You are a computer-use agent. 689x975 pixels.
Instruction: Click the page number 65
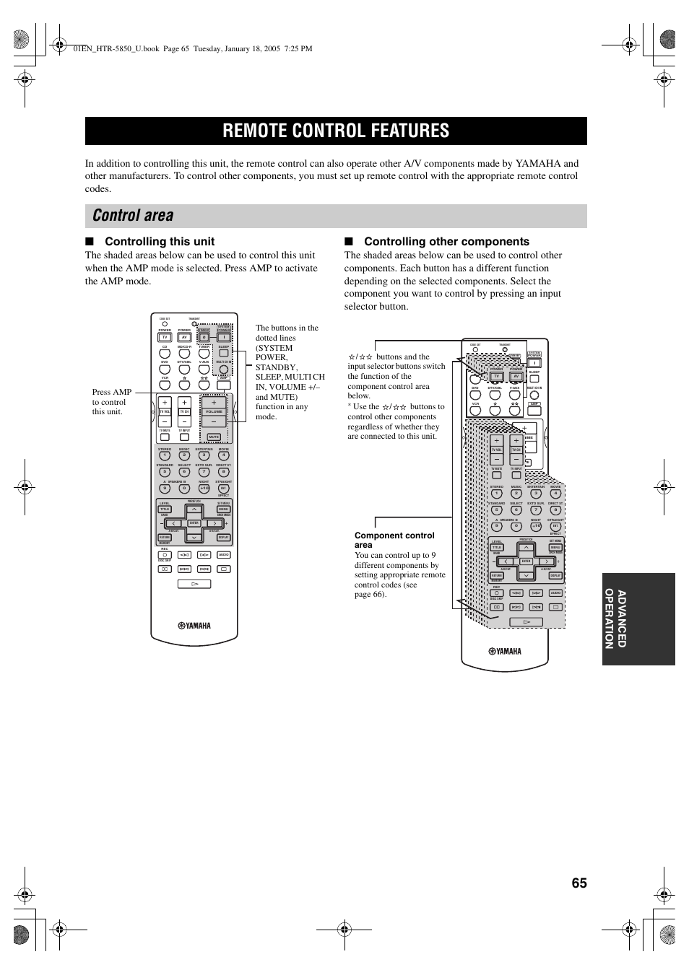point(578,883)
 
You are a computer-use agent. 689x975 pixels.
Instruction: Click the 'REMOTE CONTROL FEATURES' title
point(336,131)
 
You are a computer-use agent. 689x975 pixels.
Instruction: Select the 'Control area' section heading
point(134,215)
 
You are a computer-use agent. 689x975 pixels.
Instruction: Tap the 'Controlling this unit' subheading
point(160,242)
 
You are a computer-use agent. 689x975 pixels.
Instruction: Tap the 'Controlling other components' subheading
point(446,242)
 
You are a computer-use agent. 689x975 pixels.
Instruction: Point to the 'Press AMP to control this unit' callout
point(111,402)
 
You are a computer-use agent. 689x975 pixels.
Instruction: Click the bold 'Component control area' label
point(394,540)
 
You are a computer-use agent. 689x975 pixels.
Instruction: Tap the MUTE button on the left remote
point(214,437)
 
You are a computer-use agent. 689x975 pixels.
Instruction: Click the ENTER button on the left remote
point(194,523)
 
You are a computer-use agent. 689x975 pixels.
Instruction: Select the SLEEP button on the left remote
point(224,354)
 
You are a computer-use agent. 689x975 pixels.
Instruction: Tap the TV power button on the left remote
point(165,337)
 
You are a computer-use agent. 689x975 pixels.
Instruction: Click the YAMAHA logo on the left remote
point(194,626)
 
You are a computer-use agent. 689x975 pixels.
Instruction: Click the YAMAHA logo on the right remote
point(505,651)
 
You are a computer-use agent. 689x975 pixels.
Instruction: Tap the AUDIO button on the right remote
point(555,593)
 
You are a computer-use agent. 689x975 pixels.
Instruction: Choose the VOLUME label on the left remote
point(214,411)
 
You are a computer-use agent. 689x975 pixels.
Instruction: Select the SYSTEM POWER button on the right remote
point(534,362)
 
